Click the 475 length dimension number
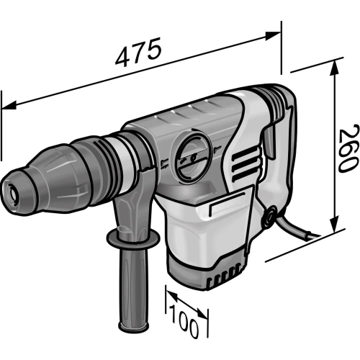138,52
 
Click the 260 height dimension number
349,148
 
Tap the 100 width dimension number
184,321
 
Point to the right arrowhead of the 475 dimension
273,36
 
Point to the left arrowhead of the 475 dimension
9,105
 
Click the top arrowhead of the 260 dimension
335,67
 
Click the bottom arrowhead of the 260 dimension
335,225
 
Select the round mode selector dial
191,157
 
